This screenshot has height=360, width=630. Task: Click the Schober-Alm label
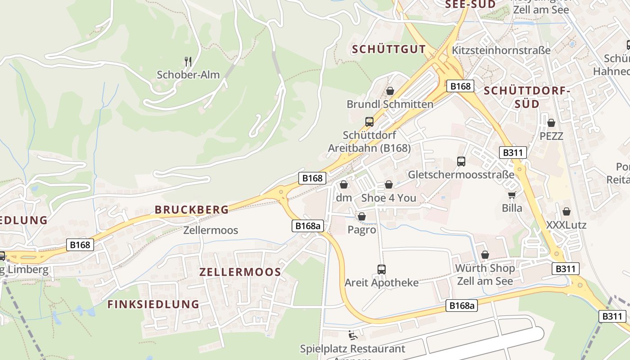coord(188,75)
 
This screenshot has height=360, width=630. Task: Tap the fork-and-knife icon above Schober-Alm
coord(188,61)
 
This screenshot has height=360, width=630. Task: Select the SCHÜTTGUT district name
coord(389,49)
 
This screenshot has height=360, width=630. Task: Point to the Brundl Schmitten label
coord(390,104)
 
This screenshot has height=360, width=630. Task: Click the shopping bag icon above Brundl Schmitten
coord(390,91)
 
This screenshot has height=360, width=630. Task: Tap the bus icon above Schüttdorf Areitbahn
coord(369,121)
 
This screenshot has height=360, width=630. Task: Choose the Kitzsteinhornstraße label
coord(501,50)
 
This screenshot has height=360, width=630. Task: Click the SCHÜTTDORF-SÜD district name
coord(527,97)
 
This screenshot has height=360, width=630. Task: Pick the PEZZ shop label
coord(551,136)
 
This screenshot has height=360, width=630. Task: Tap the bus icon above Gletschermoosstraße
coord(461,161)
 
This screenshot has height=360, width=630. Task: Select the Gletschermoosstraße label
coord(461,175)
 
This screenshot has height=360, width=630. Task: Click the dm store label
coord(344,198)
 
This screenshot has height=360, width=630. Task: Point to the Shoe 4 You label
coord(389,198)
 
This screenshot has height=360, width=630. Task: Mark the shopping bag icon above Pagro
coord(362,217)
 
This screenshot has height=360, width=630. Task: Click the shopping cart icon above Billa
coord(512,195)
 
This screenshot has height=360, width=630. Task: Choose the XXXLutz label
coord(566,225)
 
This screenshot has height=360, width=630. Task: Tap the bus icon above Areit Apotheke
coord(382,270)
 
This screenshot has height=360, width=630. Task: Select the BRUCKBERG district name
coord(192,210)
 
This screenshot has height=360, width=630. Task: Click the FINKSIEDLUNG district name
coord(153,304)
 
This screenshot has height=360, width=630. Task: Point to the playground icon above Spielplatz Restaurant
coord(352,335)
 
